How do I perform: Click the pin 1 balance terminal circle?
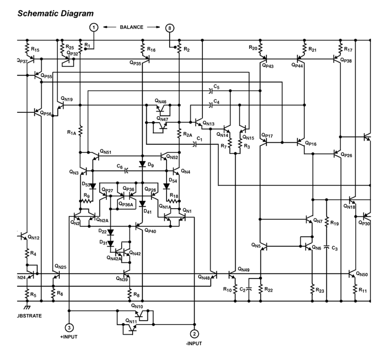(x=94, y=28)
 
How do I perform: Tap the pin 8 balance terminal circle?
(x=170, y=28)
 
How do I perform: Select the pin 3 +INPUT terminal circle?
(x=69, y=327)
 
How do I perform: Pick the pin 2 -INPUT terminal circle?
(x=194, y=334)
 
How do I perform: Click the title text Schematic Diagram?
(x=56, y=14)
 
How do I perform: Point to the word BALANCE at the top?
(x=131, y=27)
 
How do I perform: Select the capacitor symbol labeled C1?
(x=195, y=144)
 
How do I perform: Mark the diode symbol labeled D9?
(x=143, y=164)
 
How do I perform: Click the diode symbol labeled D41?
(x=143, y=204)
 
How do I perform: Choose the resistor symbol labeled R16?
(x=143, y=49)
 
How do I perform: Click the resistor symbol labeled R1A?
(x=80, y=132)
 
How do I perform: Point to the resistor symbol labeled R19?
(x=326, y=223)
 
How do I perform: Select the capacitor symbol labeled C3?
(x=326, y=248)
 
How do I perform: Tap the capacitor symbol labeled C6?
(x=126, y=171)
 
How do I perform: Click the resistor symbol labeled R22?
(x=260, y=289)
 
